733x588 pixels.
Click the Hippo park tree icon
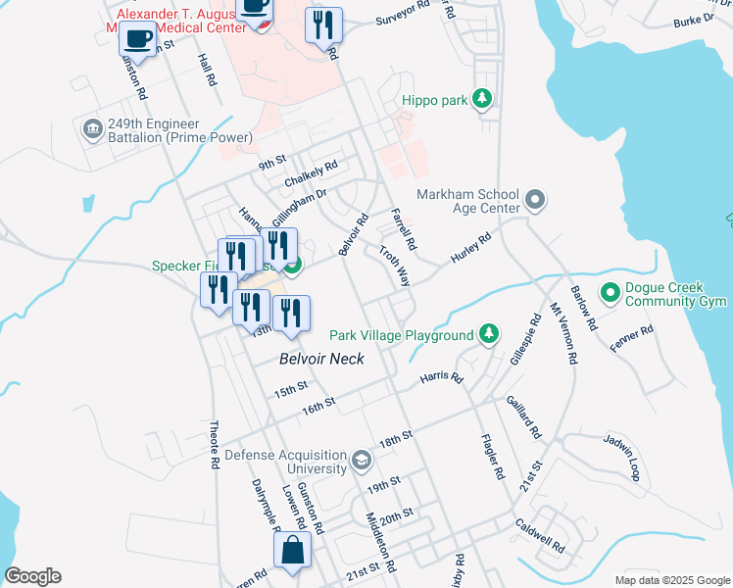tap(481, 98)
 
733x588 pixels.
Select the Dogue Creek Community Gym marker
tap(610, 292)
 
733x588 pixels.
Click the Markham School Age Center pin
tap(534, 201)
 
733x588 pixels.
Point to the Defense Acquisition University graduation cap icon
tap(362, 461)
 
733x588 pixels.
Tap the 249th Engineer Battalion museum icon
tap(92, 129)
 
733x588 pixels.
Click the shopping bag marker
tap(293, 551)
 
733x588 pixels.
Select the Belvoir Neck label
tap(321, 360)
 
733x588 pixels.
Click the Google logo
tap(32, 576)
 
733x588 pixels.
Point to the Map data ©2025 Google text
tap(671, 580)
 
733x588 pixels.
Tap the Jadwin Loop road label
tap(622, 457)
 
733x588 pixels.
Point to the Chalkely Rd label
tap(311, 174)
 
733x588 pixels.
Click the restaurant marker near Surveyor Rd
tap(323, 24)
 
